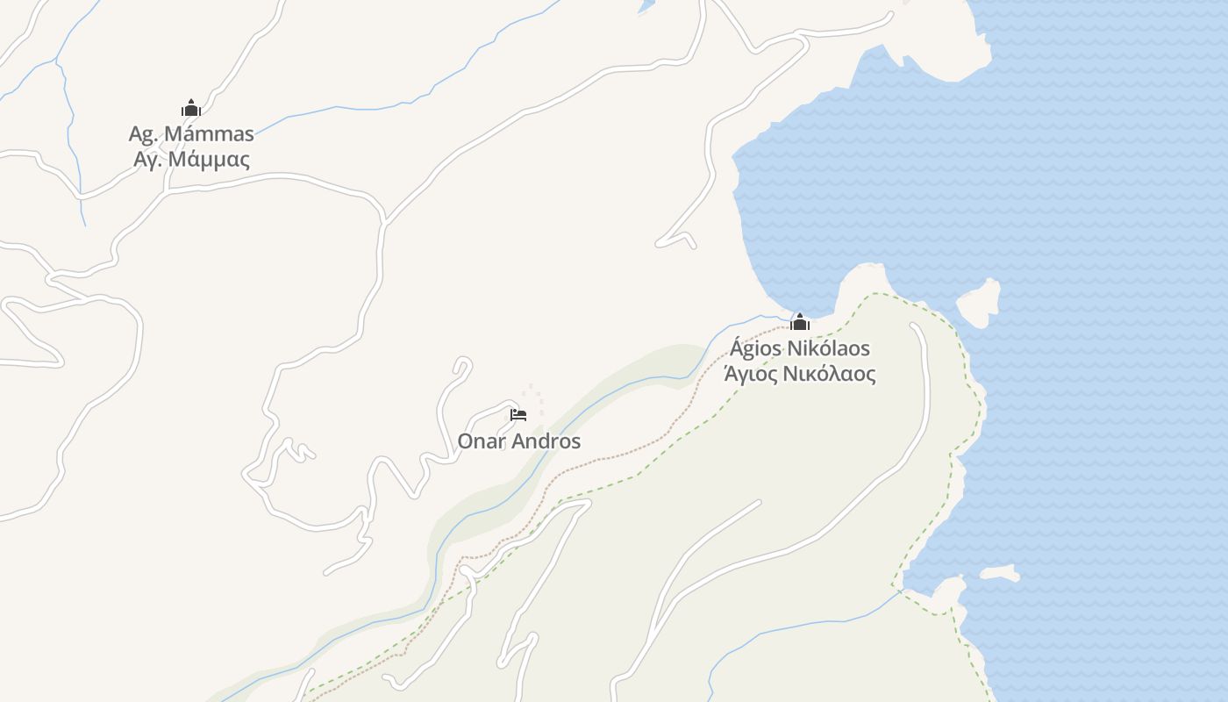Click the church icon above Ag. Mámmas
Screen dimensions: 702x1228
coord(191,108)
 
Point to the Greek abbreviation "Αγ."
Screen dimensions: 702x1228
coord(147,160)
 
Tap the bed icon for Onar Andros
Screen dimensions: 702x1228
coord(518,414)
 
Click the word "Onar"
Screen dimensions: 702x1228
coord(482,441)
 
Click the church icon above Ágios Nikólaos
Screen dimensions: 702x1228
coord(800,322)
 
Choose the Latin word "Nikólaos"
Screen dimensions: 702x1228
coord(829,348)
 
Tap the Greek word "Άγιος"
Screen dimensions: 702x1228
coord(750,375)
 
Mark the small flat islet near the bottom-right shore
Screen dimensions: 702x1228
coord(999,574)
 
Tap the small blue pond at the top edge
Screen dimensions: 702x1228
coord(646,7)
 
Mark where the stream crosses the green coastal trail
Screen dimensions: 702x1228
coord(900,593)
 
